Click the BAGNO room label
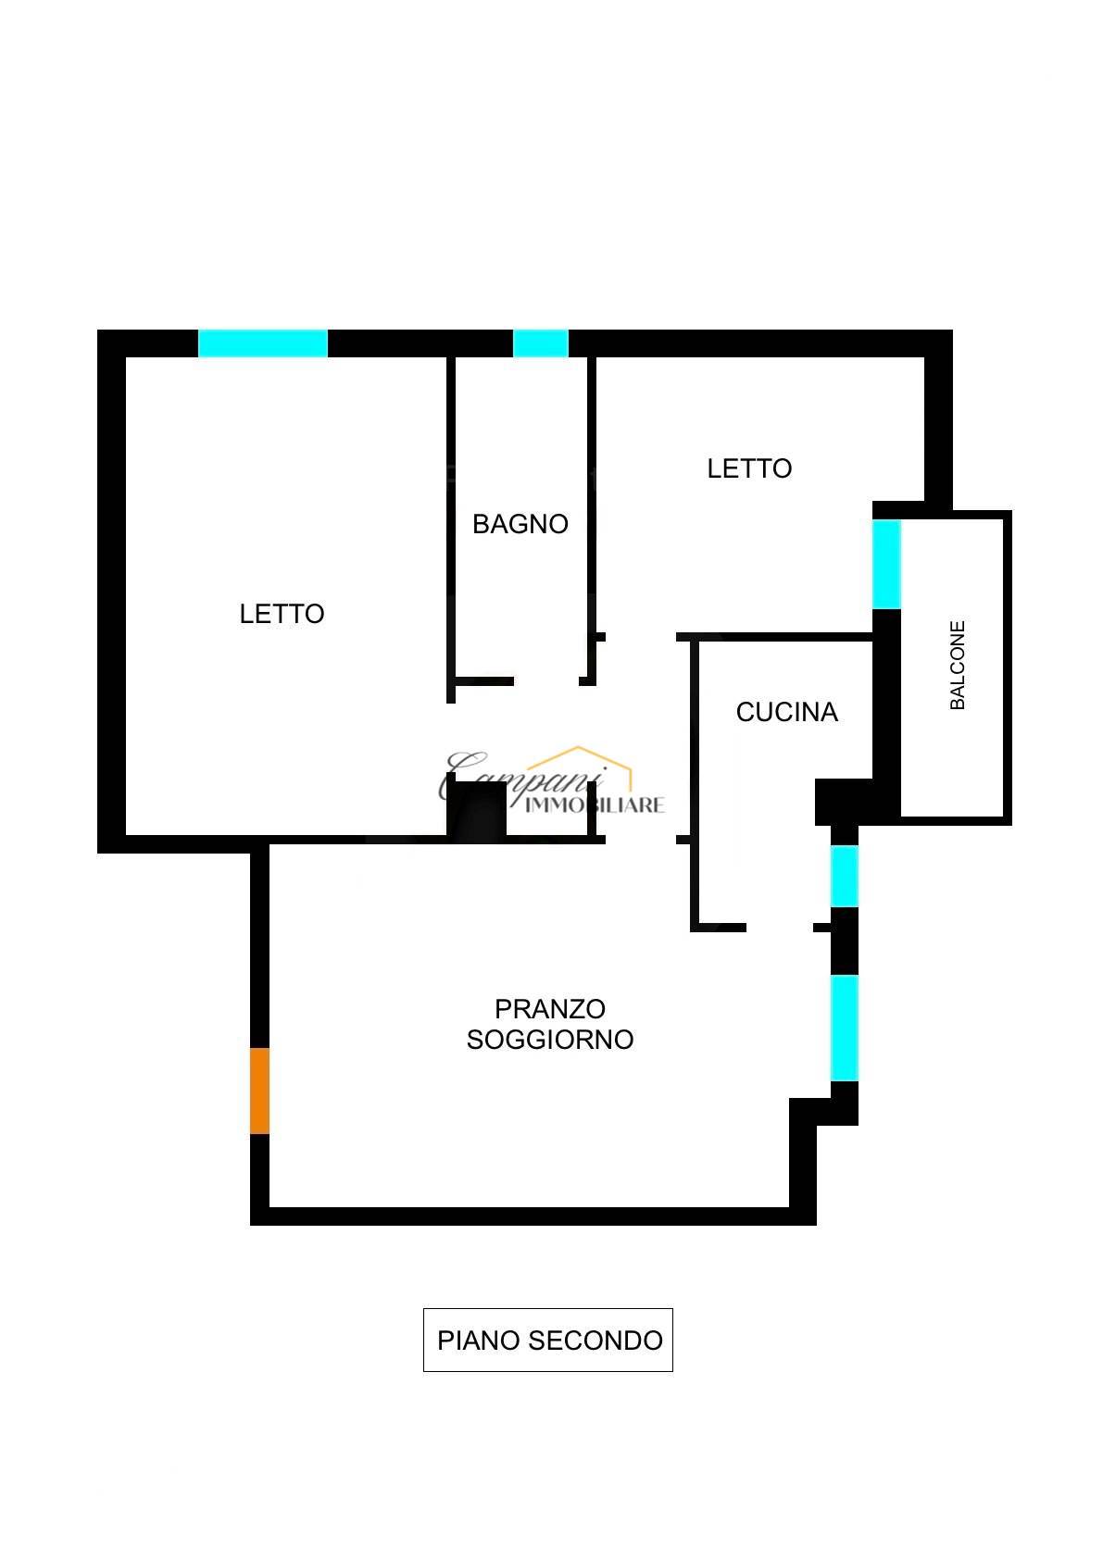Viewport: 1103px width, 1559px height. click(520, 524)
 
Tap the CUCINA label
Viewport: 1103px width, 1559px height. click(787, 712)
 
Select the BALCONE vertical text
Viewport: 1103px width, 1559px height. click(958, 666)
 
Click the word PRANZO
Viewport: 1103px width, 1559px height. click(550, 1008)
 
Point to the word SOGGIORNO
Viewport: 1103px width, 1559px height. click(550, 1040)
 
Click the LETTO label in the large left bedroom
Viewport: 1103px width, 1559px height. click(282, 614)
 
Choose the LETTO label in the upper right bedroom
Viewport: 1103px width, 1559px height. click(749, 468)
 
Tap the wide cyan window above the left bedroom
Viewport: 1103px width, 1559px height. click(263, 343)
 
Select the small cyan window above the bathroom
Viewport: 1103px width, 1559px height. click(540, 343)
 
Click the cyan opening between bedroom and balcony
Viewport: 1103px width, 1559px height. click(886, 565)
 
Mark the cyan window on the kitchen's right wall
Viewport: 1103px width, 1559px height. click(845, 876)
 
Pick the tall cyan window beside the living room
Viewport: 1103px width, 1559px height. click(845, 1028)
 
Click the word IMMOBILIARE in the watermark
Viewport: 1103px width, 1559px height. click(595, 805)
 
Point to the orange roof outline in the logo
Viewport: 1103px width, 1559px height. click(580, 766)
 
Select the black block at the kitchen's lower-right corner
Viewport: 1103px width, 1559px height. click(844, 802)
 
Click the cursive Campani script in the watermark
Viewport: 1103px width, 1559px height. click(522, 776)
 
